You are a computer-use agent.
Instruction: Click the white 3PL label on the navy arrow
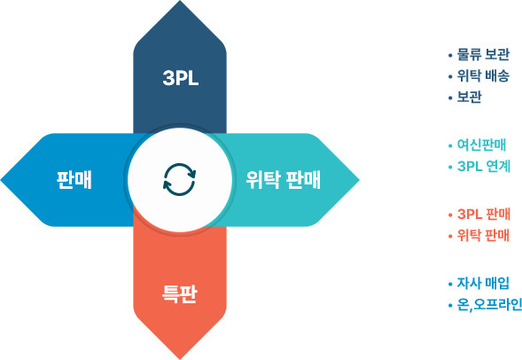pyautogui.click(x=181, y=79)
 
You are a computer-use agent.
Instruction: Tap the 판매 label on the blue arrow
pyautogui.click(x=74, y=180)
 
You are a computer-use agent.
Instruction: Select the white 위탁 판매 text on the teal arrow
pyautogui.click(x=283, y=180)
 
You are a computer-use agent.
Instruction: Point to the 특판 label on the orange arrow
pyautogui.click(x=180, y=293)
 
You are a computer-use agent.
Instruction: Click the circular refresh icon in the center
pyautogui.click(x=179, y=179)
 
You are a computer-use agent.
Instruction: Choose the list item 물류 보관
pyautogui.click(x=483, y=55)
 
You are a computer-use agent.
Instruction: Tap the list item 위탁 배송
pyautogui.click(x=483, y=76)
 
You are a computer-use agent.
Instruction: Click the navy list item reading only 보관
pyautogui.click(x=469, y=98)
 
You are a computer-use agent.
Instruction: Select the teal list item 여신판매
pyautogui.click(x=481, y=145)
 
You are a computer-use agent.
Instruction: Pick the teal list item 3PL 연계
pyautogui.click(x=484, y=166)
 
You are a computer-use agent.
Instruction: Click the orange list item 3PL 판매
pyautogui.click(x=484, y=214)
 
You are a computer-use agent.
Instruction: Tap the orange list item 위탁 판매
pyautogui.click(x=483, y=236)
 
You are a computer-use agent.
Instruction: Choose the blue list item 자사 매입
pyautogui.click(x=483, y=284)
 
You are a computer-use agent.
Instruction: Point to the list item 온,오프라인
pyautogui.click(x=489, y=305)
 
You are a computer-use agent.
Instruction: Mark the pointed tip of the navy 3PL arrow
pyautogui.click(x=180, y=1)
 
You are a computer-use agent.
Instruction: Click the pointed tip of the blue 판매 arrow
pyautogui.click(x=1, y=180)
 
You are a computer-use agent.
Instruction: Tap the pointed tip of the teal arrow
pyautogui.click(x=359, y=180)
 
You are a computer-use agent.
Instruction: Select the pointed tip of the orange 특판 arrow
pyautogui.click(x=180, y=359)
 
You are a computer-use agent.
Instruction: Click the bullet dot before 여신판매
pyautogui.click(x=450, y=145)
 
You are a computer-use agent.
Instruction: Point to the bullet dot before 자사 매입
pyautogui.click(x=450, y=284)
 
